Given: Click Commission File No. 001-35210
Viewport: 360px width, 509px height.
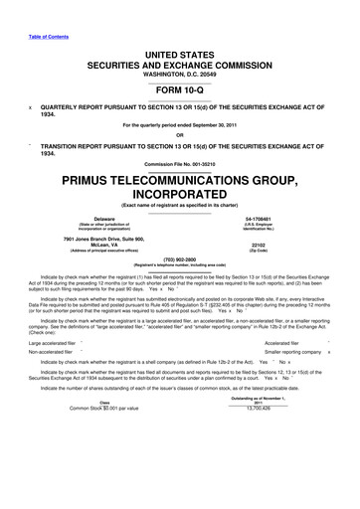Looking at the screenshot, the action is [x=180, y=163].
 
